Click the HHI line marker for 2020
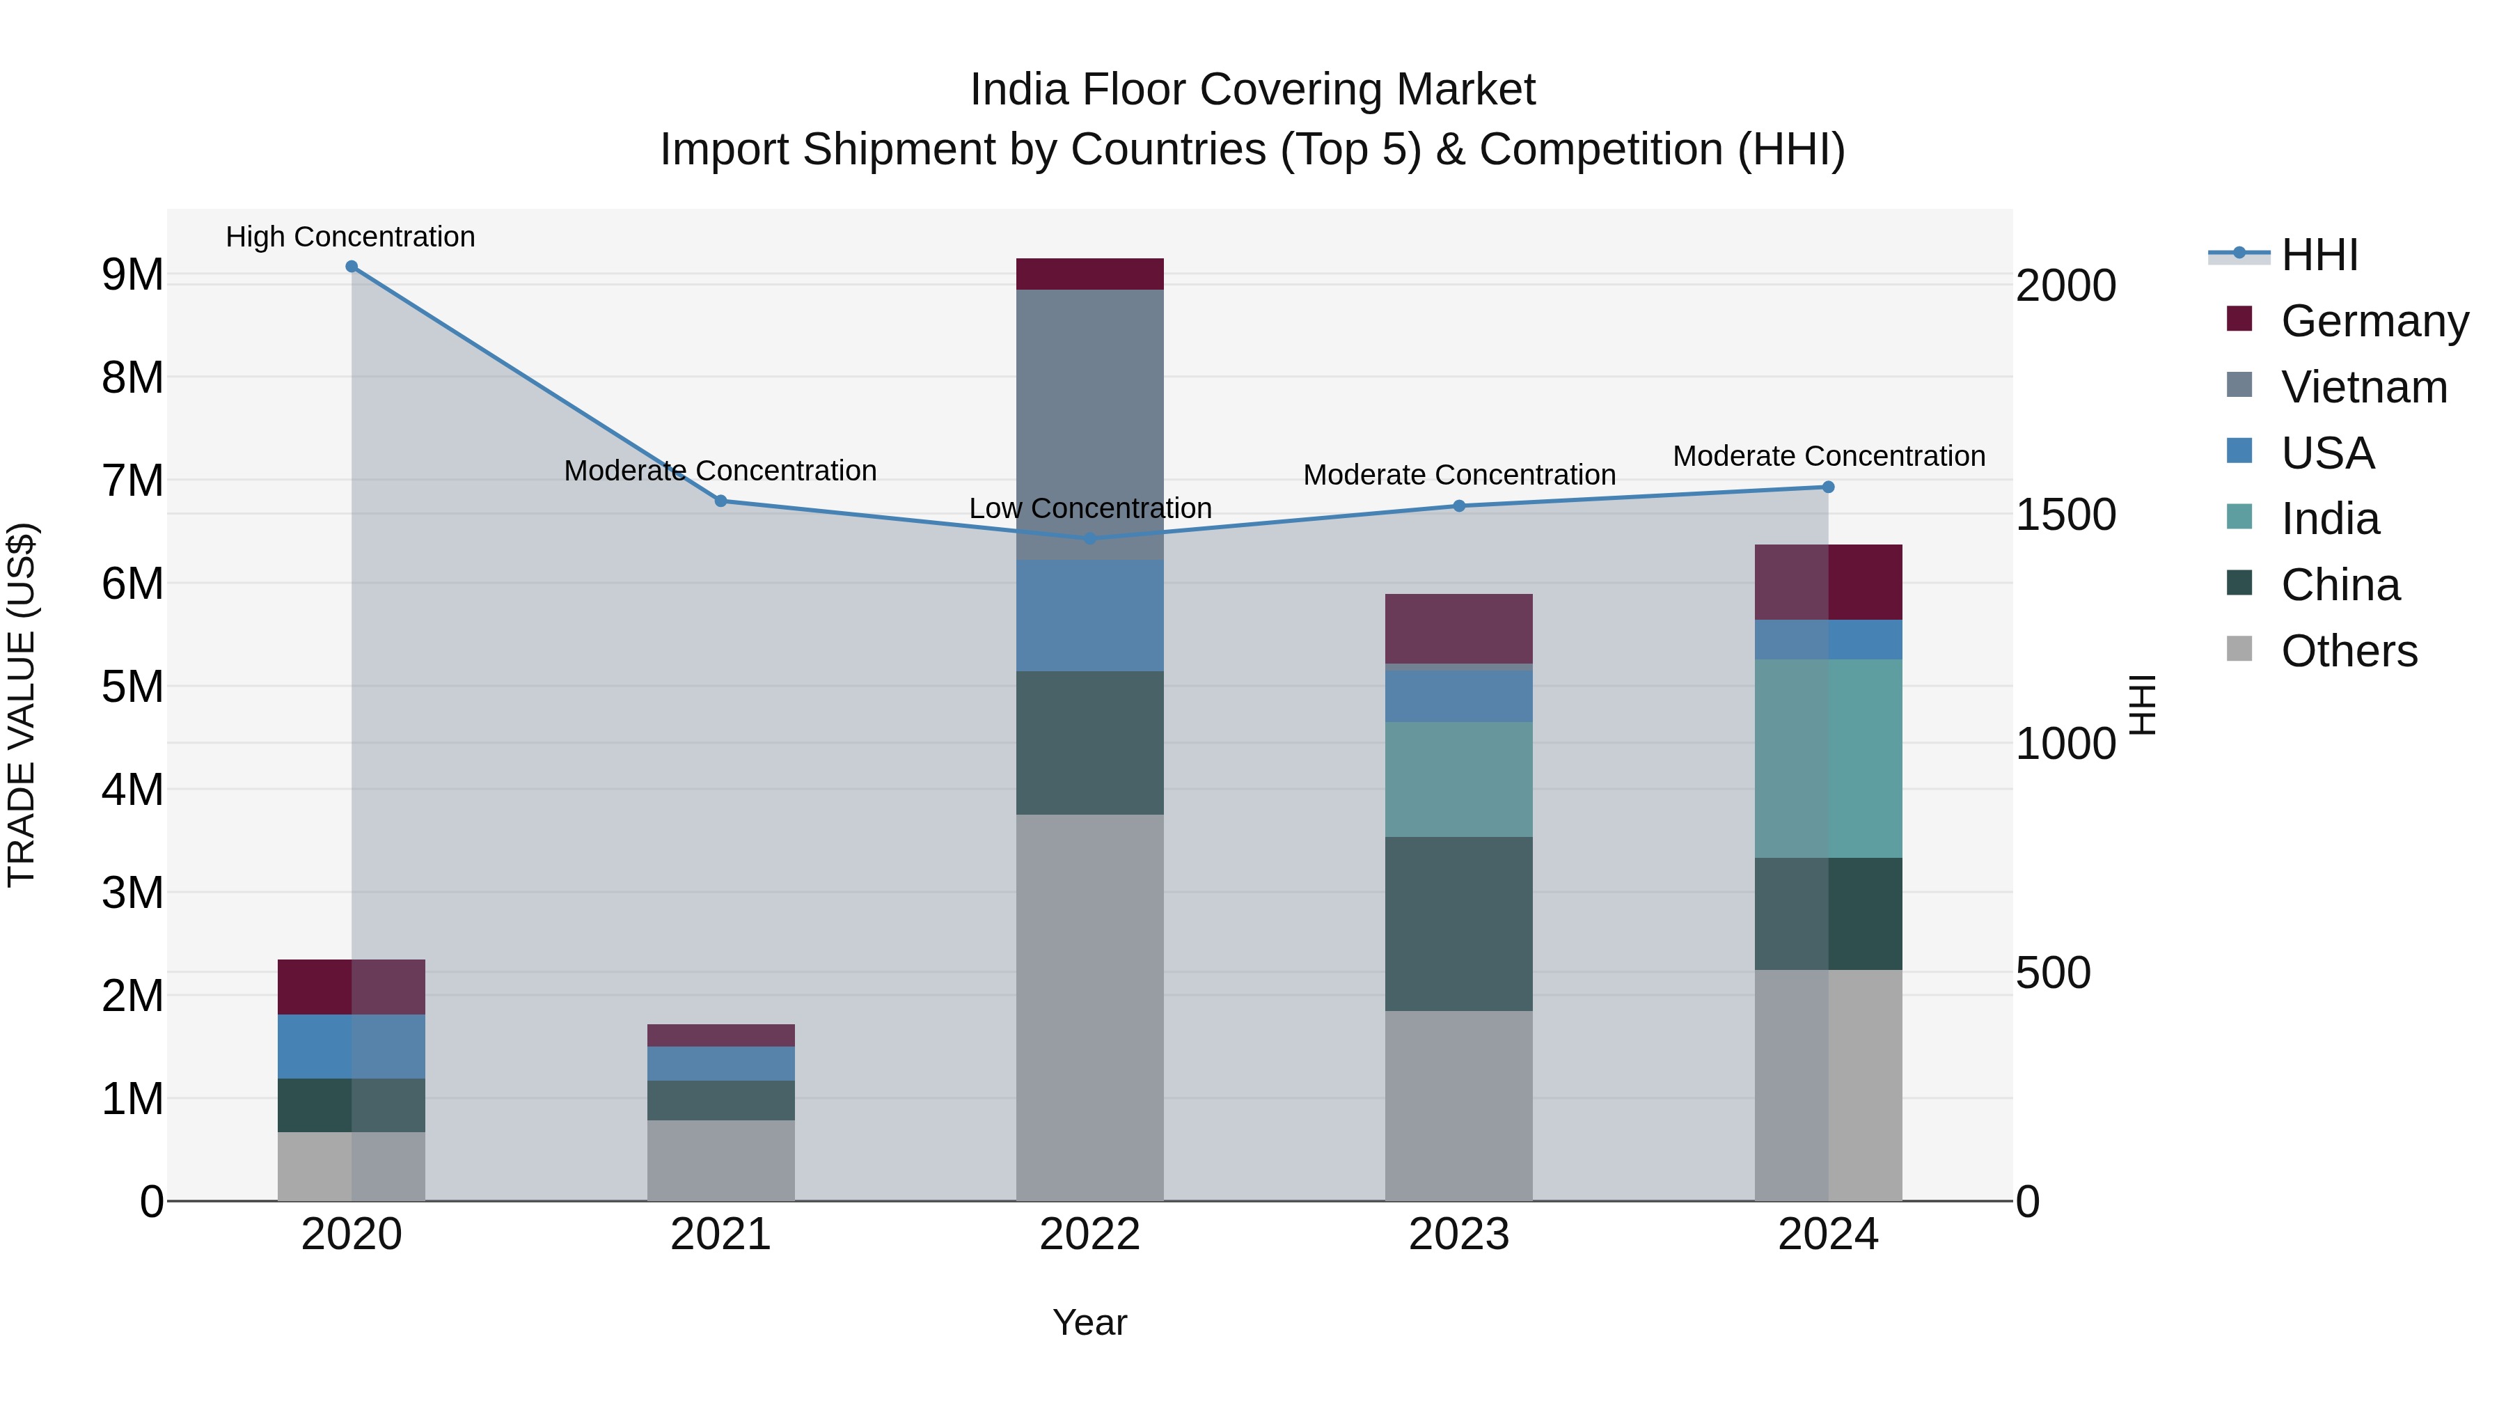click(x=352, y=267)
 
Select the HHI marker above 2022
click(x=1089, y=538)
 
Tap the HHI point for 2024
click(x=1828, y=487)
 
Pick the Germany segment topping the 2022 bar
click(x=1089, y=274)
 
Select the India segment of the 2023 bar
click(x=1458, y=778)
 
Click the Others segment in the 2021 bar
click(x=721, y=1160)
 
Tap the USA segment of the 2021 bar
click(x=721, y=1063)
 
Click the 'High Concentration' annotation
click(x=350, y=237)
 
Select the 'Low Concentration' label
click(x=1089, y=508)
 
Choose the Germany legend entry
click(x=2374, y=321)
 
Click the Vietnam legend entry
click(x=2363, y=387)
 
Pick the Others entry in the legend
click(x=2349, y=651)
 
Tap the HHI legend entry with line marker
click(x=2319, y=255)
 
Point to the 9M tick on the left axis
click(x=132, y=275)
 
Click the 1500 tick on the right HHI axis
click(x=2065, y=515)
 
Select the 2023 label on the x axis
click(x=1458, y=1235)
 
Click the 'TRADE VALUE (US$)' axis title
click(x=22, y=705)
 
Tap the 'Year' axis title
click(x=1089, y=1322)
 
